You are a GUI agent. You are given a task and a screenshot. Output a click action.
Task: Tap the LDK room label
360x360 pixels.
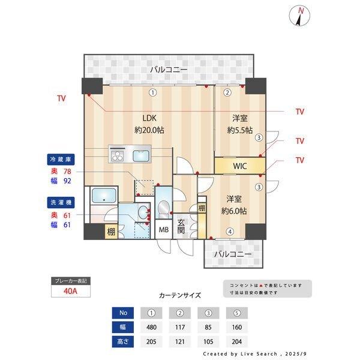point(150,118)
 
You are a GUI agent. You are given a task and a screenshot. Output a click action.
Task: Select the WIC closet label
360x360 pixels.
point(240,165)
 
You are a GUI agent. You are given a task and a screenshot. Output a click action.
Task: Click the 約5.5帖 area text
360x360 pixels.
point(239,130)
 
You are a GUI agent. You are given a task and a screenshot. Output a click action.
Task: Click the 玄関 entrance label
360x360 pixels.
point(181,227)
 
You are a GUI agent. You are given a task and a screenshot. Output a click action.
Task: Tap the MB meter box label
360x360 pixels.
point(163,229)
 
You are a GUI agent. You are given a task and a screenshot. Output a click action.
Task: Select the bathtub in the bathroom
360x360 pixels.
point(104,196)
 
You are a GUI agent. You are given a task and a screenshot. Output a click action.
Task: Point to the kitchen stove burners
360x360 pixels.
point(118,156)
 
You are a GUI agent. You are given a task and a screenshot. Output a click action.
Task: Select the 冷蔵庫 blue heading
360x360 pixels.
point(60,160)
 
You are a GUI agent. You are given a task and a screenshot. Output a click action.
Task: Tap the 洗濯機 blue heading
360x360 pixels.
point(60,203)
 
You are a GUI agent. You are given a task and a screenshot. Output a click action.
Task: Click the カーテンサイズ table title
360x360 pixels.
point(180,295)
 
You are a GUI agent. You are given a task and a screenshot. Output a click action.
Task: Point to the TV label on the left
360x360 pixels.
point(61,98)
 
